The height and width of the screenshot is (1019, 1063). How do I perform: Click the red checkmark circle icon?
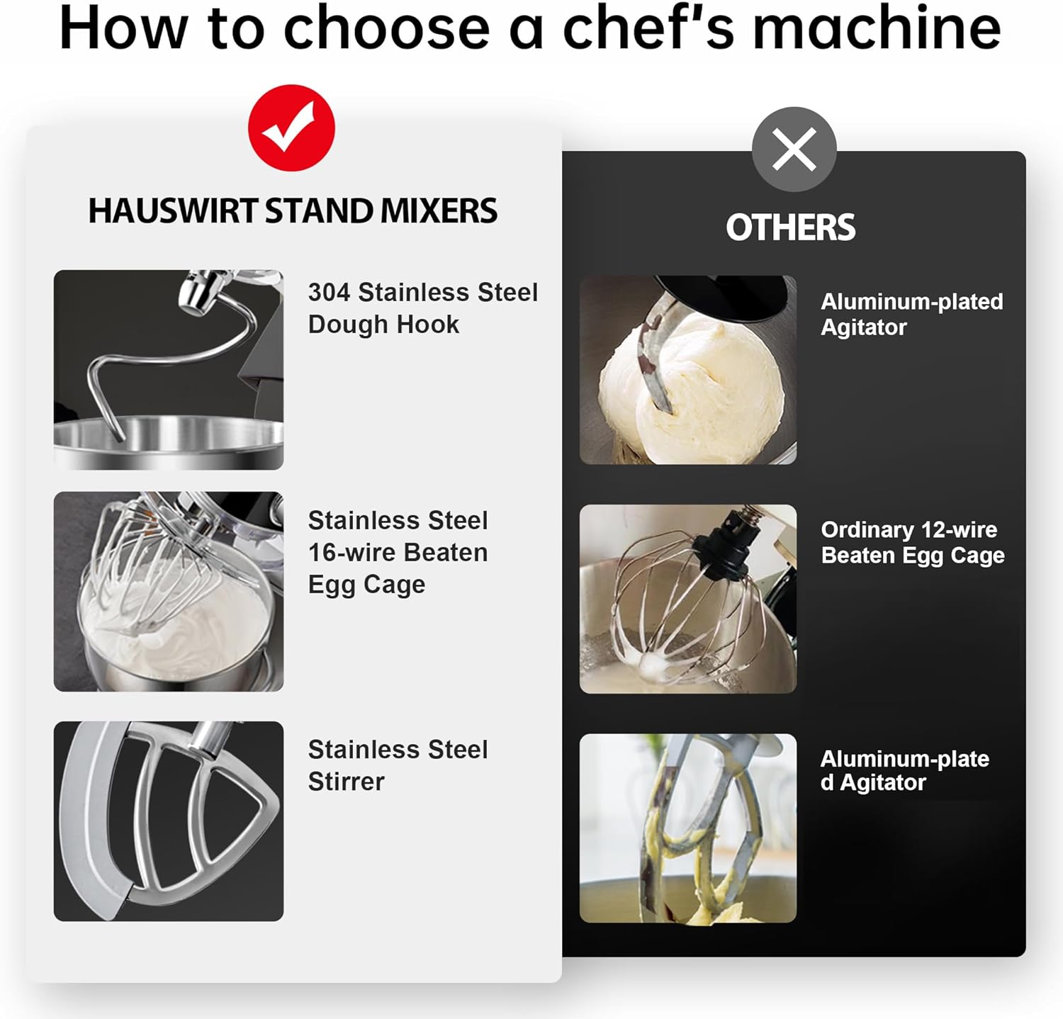[x=291, y=128]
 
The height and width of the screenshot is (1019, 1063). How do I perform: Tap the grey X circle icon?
[x=794, y=150]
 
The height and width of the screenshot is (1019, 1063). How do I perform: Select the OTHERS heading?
[x=791, y=227]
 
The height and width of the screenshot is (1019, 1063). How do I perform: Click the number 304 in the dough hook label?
[x=329, y=292]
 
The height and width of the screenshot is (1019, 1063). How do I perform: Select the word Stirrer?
[x=347, y=781]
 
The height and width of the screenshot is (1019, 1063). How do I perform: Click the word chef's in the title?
[x=648, y=28]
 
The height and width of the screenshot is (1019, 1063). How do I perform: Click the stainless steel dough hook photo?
[x=169, y=369]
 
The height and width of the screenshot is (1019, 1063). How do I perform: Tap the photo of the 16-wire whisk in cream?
[x=169, y=592]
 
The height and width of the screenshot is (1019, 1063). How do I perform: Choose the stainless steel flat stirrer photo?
[x=169, y=821]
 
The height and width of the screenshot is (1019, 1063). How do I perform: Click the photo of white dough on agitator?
[x=688, y=370]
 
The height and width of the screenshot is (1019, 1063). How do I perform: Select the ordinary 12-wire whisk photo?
[x=688, y=599]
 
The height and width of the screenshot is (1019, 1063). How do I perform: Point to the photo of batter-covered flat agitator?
[x=688, y=828]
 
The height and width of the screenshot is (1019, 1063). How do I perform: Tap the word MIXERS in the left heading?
[x=439, y=210]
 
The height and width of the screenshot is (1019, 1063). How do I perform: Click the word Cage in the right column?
[x=977, y=556]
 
